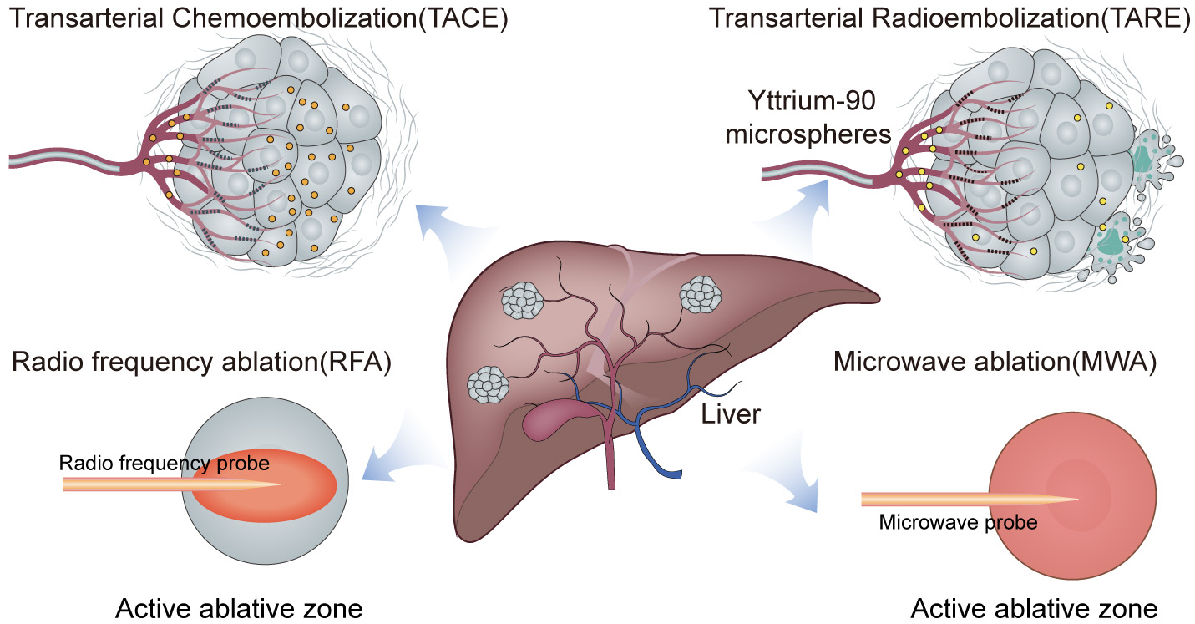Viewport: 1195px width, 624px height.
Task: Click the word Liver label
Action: [731, 413]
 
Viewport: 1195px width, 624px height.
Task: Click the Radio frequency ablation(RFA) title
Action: [202, 363]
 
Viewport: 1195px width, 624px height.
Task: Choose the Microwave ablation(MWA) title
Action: [995, 363]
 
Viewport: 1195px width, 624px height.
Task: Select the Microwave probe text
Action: [958, 523]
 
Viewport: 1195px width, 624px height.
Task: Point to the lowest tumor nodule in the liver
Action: [488, 383]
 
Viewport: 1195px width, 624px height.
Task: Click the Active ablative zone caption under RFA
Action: [239, 608]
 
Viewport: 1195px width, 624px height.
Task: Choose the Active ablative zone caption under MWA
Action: [1034, 608]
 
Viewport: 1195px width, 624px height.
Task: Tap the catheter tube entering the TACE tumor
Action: [58, 160]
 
